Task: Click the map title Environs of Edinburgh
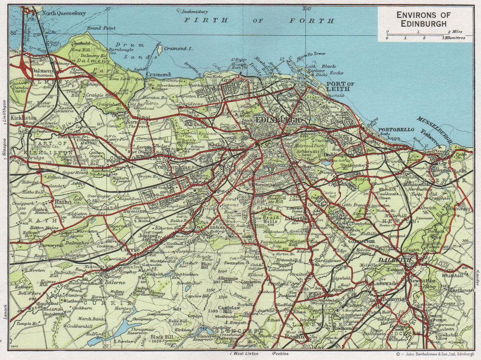pyautogui.click(x=421, y=19)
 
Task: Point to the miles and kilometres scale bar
pyautogui.click(x=423, y=35)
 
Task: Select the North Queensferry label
pyautogui.click(x=61, y=13)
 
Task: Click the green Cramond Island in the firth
pyautogui.click(x=159, y=49)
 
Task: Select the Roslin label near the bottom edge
pyautogui.click(x=296, y=337)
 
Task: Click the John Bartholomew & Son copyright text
pyautogui.click(x=434, y=354)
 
